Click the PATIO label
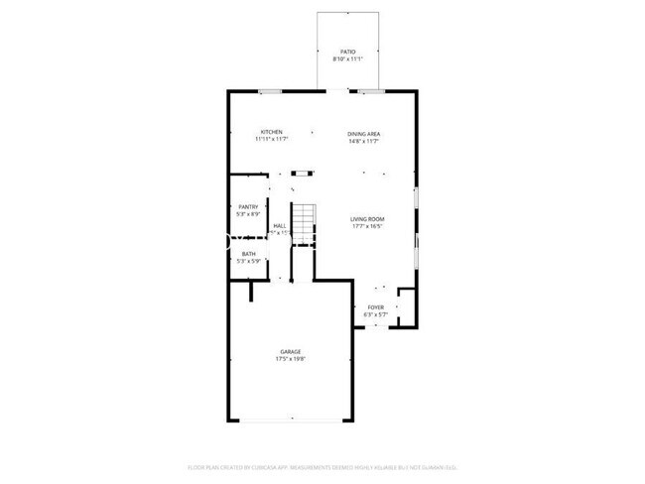coord(347,51)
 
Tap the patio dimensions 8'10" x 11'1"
coord(347,59)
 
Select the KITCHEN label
coord(272,132)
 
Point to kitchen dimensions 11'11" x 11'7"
coord(272,140)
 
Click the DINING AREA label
coord(364,133)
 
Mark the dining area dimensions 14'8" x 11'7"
coord(364,141)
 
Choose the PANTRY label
coord(247,206)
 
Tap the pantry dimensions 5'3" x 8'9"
coord(247,214)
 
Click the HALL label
coord(280,226)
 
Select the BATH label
coord(248,253)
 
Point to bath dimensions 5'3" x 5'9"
coord(248,261)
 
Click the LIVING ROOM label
coord(367,218)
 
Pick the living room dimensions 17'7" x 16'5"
coord(367,226)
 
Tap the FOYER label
coord(376,307)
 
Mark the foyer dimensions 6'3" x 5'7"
coord(376,315)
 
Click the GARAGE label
coord(290,351)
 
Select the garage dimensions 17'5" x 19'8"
coord(290,359)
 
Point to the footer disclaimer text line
coord(322,466)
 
